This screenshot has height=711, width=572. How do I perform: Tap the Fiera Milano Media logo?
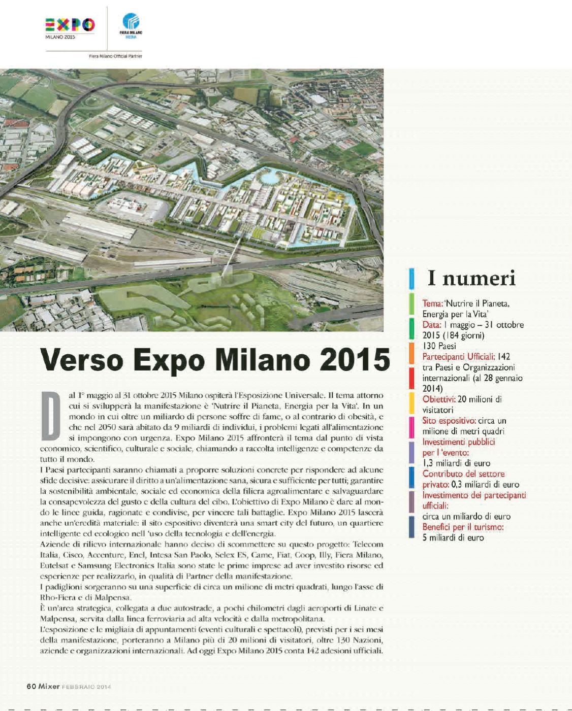pyautogui.click(x=131, y=25)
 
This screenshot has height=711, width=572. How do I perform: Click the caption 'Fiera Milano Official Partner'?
pyautogui.click(x=115, y=56)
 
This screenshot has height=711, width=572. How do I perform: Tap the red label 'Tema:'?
pyautogui.click(x=432, y=303)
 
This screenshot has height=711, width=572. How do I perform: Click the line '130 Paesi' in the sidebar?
pyautogui.click(x=439, y=346)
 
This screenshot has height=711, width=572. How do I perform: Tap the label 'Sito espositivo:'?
pyautogui.click(x=449, y=421)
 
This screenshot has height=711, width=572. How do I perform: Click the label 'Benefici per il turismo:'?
pyautogui.click(x=463, y=527)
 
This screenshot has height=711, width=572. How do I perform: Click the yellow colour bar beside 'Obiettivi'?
pyautogui.click(x=411, y=403)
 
